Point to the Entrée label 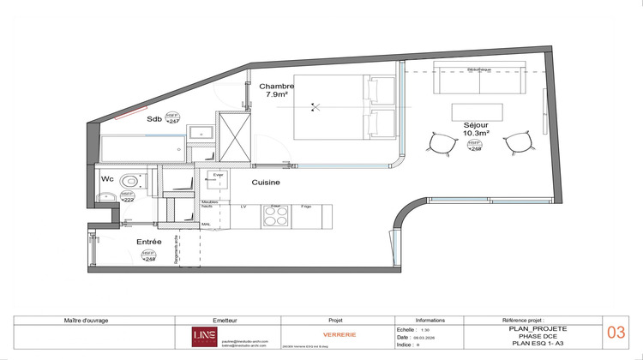149,242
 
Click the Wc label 107,179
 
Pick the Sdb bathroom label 154,119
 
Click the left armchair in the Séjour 443,143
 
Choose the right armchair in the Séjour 516,143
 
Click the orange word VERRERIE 316,334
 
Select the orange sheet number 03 616,333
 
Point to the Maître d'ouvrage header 86,320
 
